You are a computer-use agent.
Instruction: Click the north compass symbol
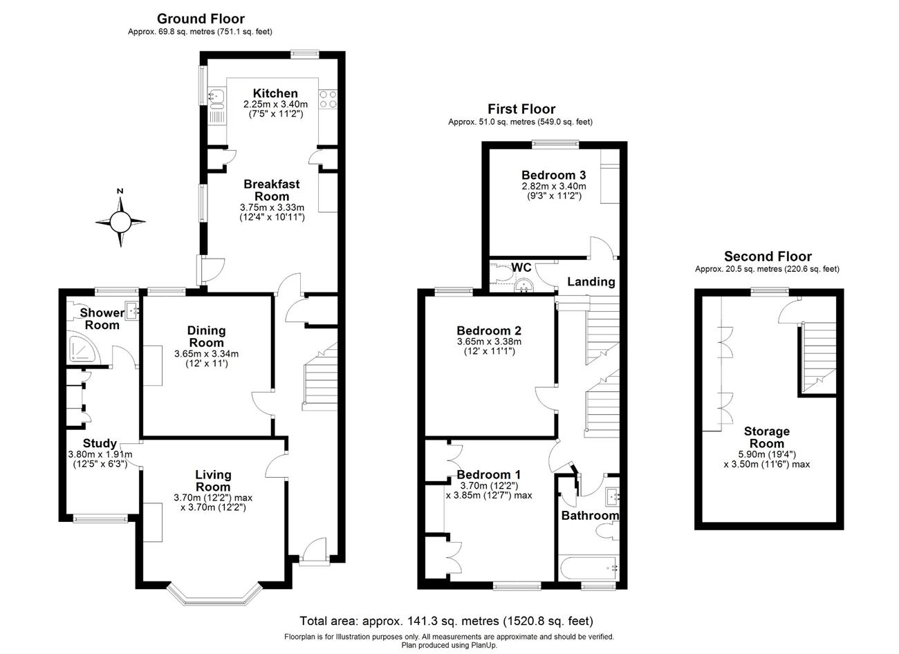coord(120,221)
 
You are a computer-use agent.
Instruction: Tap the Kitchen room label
coord(275,93)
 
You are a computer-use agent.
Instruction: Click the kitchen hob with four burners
coord(327,99)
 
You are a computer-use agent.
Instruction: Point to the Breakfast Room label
coord(272,190)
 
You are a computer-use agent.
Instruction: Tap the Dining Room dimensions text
coord(206,359)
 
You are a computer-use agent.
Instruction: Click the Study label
coord(100,443)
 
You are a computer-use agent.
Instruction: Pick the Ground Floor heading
coord(201,19)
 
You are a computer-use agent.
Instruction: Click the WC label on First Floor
coord(521,268)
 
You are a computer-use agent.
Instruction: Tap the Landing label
coord(591,281)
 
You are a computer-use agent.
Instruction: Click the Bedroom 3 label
coord(554,174)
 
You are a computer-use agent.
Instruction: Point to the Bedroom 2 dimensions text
coord(489,346)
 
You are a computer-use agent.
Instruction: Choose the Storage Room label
coord(767,438)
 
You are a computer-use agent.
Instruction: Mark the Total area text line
coord(446,621)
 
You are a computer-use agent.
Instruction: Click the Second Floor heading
coord(768,256)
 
